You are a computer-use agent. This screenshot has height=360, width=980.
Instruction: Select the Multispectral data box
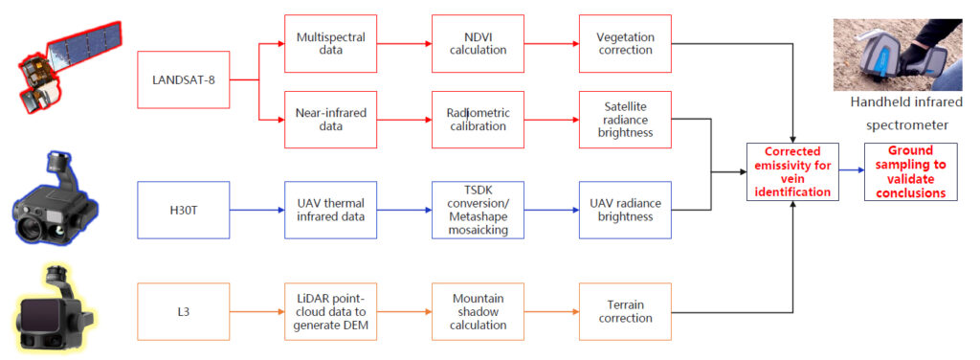(x=330, y=44)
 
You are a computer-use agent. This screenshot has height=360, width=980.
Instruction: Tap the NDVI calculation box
(x=479, y=44)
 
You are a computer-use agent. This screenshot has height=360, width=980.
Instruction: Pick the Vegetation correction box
(x=626, y=44)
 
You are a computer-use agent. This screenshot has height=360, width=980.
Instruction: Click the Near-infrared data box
(x=330, y=120)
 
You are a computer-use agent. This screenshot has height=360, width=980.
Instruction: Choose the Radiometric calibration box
(x=479, y=120)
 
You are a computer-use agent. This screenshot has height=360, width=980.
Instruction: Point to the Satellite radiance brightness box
(x=626, y=120)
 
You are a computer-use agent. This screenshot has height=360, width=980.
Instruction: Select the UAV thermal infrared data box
(x=330, y=210)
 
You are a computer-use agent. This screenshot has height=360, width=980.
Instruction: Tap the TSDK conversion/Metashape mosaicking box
(x=479, y=210)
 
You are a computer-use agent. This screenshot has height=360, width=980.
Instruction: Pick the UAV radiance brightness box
(x=626, y=210)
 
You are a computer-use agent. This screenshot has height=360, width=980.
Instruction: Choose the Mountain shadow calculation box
(x=479, y=311)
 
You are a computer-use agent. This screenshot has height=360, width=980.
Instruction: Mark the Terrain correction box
(x=626, y=311)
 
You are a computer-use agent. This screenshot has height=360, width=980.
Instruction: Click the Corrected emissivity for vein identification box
(x=792, y=172)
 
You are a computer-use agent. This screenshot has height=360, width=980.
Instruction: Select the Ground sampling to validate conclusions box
(x=911, y=172)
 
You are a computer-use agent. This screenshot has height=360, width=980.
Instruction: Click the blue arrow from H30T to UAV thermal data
(x=256, y=210)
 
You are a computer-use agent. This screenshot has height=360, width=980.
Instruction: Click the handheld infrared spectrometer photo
(x=897, y=55)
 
